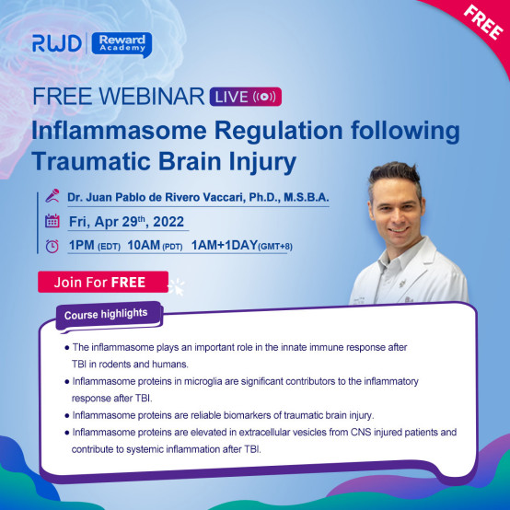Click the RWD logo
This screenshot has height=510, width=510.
(x=56, y=43)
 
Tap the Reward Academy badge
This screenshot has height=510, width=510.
(x=122, y=44)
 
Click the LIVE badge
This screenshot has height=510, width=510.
(x=246, y=97)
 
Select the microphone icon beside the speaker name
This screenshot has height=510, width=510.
(x=52, y=196)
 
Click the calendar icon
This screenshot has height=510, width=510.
(x=52, y=221)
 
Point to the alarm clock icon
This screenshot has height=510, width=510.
(x=52, y=246)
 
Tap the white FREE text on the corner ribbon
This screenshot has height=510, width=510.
(x=483, y=22)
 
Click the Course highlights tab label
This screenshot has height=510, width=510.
(x=106, y=314)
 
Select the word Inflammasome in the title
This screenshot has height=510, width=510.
(x=119, y=131)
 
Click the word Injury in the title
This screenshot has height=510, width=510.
(x=262, y=162)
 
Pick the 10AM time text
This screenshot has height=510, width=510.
(x=144, y=245)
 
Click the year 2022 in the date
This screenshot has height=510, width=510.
(x=168, y=222)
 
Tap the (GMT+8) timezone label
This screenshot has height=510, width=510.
(x=275, y=247)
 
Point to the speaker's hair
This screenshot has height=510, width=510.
(x=395, y=178)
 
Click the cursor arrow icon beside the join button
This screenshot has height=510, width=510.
(x=177, y=286)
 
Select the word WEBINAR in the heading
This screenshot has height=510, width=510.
(x=152, y=97)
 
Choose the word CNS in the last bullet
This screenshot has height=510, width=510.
(x=361, y=433)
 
